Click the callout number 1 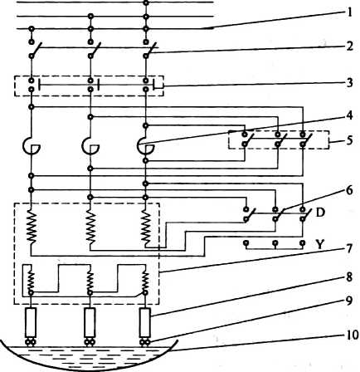point(349,13)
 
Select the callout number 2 point(349,46)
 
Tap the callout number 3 point(350,82)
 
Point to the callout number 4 point(349,115)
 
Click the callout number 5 point(349,140)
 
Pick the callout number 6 point(349,190)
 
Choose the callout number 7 point(349,248)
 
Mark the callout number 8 point(349,277)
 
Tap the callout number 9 point(349,301)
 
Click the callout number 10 point(351,335)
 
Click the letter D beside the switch point(320,213)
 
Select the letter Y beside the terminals point(319,245)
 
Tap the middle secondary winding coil point(90,280)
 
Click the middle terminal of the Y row point(275,243)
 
